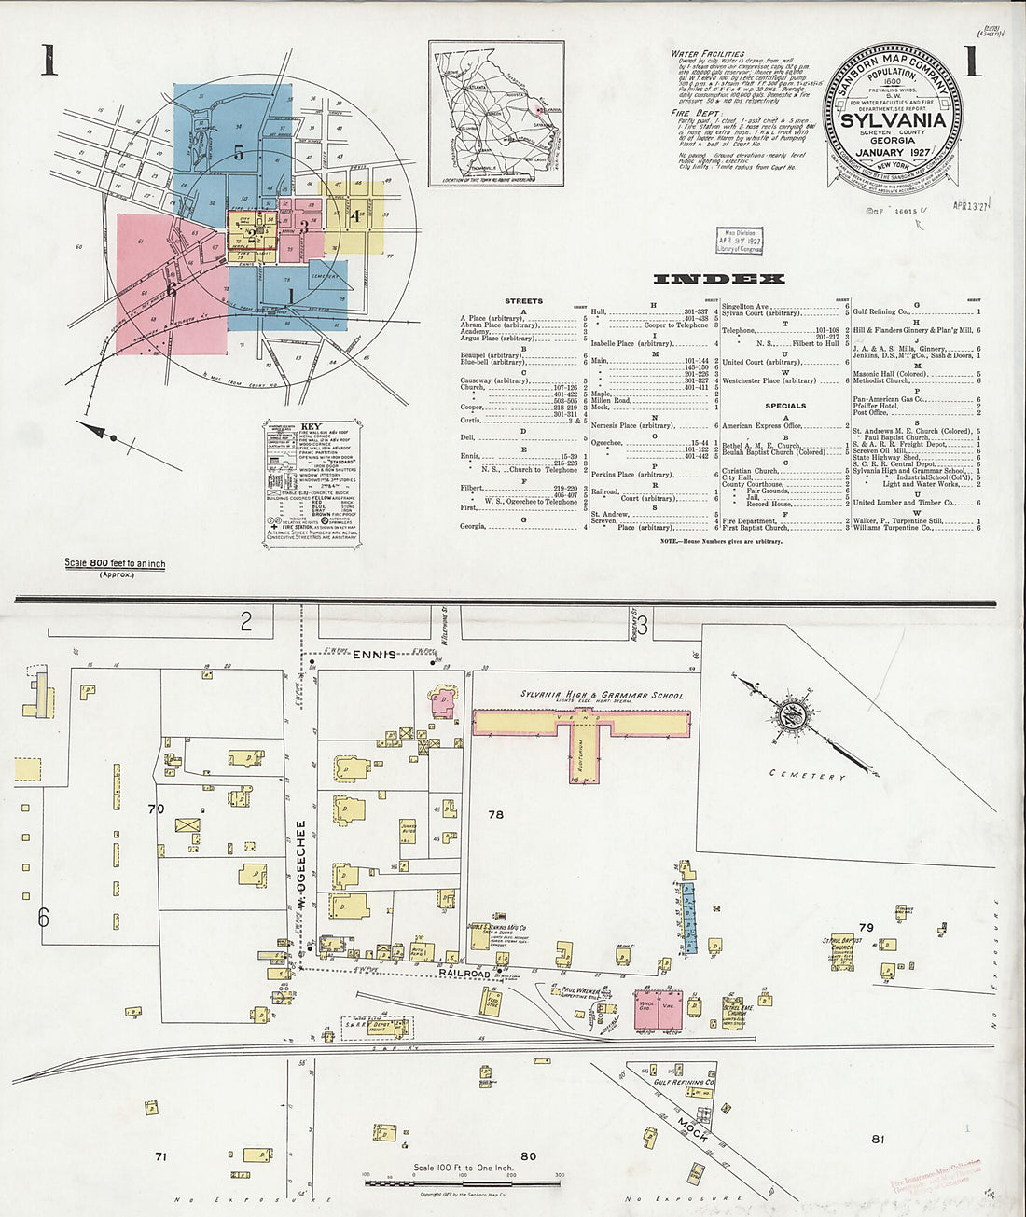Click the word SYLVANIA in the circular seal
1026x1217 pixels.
tap(893, 119)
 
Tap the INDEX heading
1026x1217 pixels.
tap(719, 279)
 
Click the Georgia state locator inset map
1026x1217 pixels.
tap(497, 114)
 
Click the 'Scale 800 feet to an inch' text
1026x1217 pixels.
tap(115, 564)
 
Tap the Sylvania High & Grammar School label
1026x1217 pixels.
tap(602, 696)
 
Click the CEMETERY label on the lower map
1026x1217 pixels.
tap(808, 774)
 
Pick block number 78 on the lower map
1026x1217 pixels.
tap(495, 814)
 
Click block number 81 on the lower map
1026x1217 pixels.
tap(878, 1139)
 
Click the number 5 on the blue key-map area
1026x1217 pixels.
tap(239, 153)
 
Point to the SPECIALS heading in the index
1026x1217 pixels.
tap(785, 406)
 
